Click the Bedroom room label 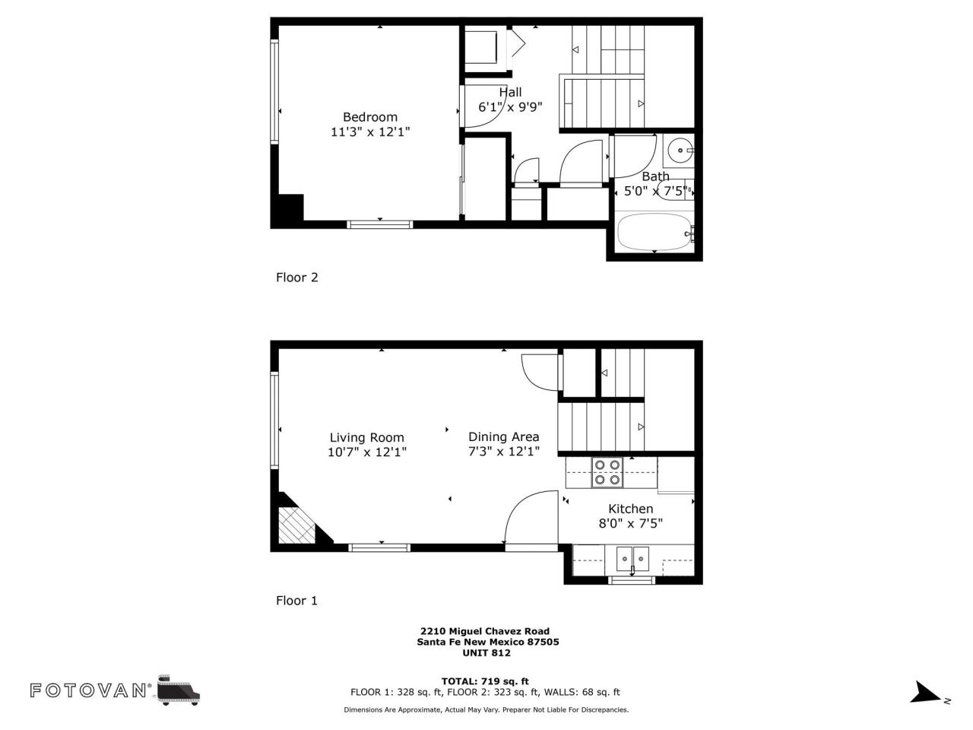click(x=370, y=117)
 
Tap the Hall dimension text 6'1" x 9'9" click(x=510, y=107)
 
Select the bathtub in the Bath click(x=654, y=231)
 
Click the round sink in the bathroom click(x=679, y=151)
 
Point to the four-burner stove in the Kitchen click(x=608, y=472)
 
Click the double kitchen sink click(x=632, y=559)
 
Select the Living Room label click(x=366, y=437)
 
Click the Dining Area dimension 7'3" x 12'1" click(x=503, y=452)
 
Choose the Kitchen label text click(x=630, y=509)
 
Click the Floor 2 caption click(x=296, y=278)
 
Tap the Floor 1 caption click(x=296, y=601)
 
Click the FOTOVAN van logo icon click(x=179, y=690)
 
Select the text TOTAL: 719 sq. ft click(x=485, y=681)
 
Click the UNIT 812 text click(x=486, y=652)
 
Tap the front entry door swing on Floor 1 click(x=529, y=517)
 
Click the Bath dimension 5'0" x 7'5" click(x=655, y=191)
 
